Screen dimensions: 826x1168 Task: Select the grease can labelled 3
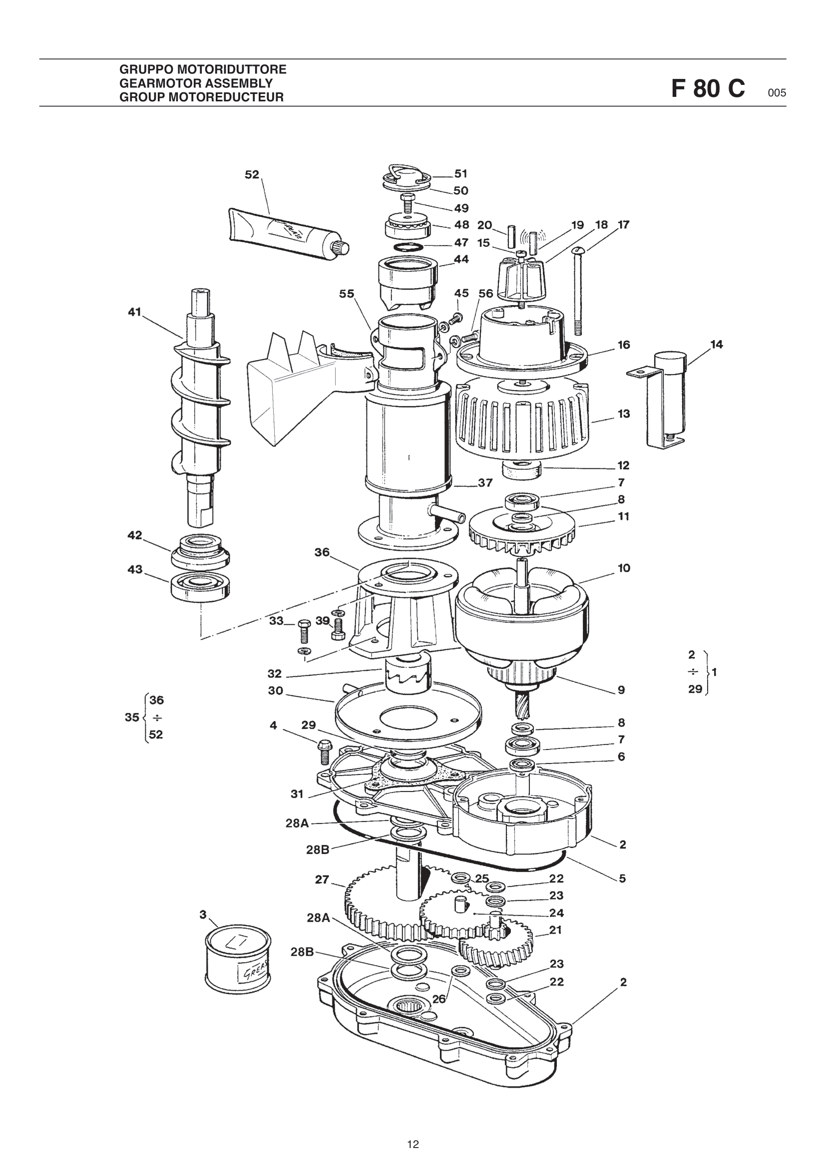click(x=238, y=958)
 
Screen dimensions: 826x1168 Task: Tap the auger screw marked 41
click(x=200, y=407)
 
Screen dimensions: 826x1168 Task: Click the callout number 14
click(x=716, y=345)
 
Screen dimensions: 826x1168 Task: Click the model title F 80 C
click(x=708, y=88)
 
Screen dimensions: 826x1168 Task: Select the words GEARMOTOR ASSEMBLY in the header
click(x=196, y=83)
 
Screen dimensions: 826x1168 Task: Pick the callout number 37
click(x=485, y=482)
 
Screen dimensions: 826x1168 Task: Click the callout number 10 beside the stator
click(x=624, y=568)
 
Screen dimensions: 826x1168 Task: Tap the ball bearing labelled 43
click(x=200, y=588)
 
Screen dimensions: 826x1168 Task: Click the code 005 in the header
click(x=777, y=92)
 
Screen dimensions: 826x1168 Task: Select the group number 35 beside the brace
click(x=132, y=717)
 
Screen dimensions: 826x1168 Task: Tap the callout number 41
click(x=134, y=312)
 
